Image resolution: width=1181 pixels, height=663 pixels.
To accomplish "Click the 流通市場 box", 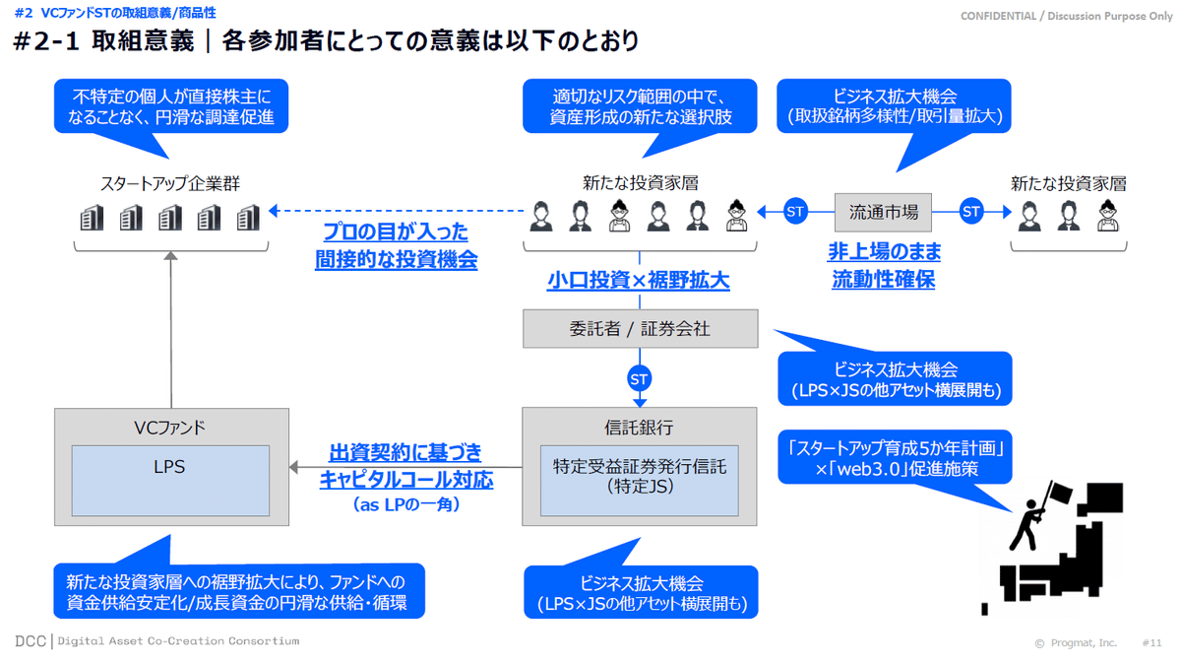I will point(883,211).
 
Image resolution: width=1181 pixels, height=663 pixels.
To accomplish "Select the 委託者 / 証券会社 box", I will point(640,329).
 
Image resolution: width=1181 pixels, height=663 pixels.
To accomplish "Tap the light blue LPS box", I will point(170,480).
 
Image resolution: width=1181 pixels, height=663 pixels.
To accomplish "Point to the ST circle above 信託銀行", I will point(640,378).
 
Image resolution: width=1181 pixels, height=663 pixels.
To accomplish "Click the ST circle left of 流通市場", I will point(796,211).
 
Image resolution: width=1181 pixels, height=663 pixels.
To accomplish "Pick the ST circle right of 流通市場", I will point(971,211).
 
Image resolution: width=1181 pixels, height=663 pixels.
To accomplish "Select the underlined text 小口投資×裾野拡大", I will point(639,281).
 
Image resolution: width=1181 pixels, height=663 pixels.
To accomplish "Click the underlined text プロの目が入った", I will point(396,233).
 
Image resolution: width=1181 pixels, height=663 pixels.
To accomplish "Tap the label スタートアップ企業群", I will point(170,183).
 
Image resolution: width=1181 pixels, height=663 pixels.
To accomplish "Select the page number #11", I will point(1152,642).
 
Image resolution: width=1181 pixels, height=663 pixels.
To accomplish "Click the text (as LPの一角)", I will point(405,504).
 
